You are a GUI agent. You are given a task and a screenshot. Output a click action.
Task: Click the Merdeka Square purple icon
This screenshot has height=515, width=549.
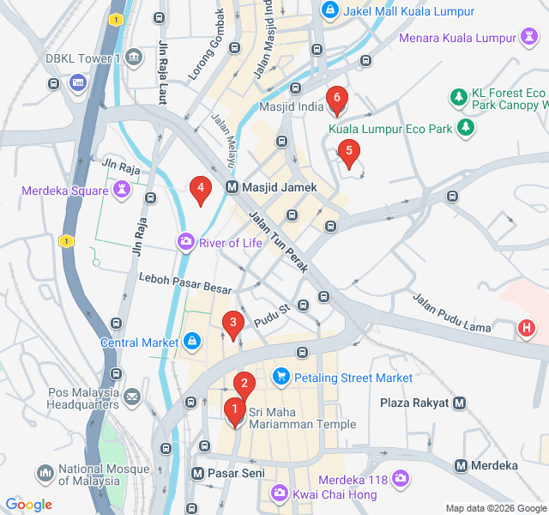(122, 188)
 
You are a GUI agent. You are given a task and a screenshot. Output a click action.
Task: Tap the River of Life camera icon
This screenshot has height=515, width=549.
(186, 243)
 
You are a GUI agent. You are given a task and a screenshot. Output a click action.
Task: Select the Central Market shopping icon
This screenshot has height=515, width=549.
(192, 342)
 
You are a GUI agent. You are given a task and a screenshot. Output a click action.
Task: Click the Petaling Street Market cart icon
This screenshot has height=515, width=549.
(281, 377)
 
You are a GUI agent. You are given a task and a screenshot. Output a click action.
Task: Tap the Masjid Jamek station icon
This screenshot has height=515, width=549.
(232, 187)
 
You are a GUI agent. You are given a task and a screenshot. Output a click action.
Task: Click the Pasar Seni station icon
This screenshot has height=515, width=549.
(196, 473)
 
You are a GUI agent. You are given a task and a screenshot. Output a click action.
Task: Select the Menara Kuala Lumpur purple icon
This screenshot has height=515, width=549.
(529, 37)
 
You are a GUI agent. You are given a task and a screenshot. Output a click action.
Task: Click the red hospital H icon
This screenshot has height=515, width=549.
(527, 327)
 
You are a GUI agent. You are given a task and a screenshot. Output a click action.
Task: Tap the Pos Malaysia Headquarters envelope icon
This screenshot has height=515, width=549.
(131, 397)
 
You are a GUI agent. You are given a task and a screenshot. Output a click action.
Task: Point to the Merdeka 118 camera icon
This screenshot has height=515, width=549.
(400, 479)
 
